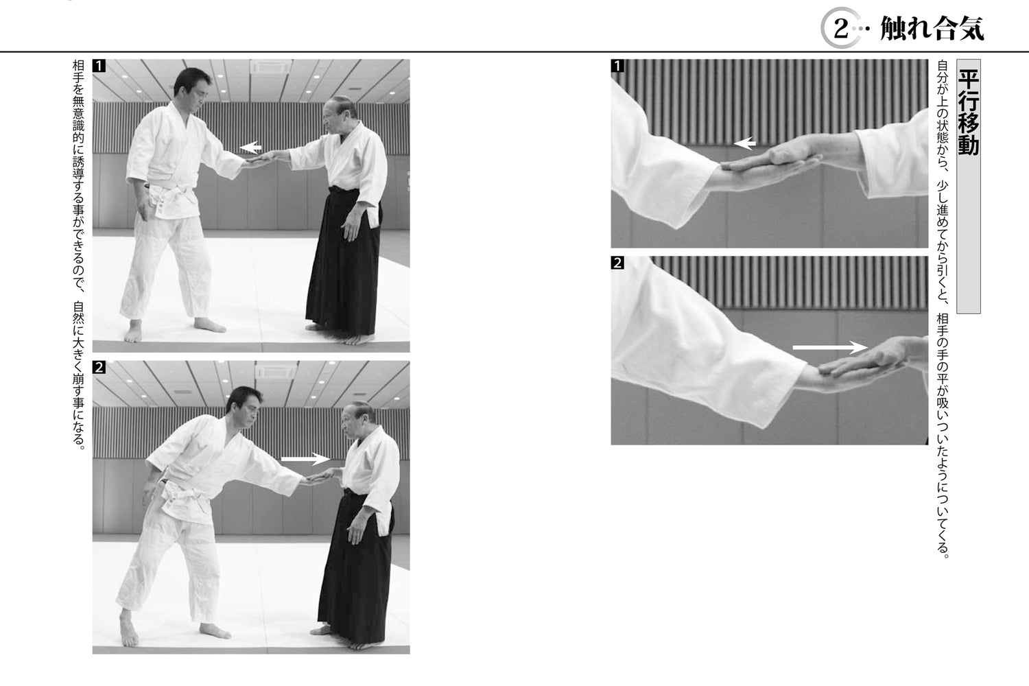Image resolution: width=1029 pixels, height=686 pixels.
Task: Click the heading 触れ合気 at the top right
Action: [932, 29]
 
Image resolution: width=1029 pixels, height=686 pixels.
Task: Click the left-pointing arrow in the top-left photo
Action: [251, 147]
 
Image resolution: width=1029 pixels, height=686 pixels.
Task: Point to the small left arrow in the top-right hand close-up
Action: [745, 143]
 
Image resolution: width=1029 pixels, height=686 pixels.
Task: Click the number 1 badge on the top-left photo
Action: [99, 67]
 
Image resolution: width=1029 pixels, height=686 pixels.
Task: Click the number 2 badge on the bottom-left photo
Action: [99, 368]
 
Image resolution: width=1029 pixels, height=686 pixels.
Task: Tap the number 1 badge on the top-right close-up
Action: [618, 67]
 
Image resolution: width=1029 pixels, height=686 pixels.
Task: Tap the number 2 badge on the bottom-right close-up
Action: [618, 263]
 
